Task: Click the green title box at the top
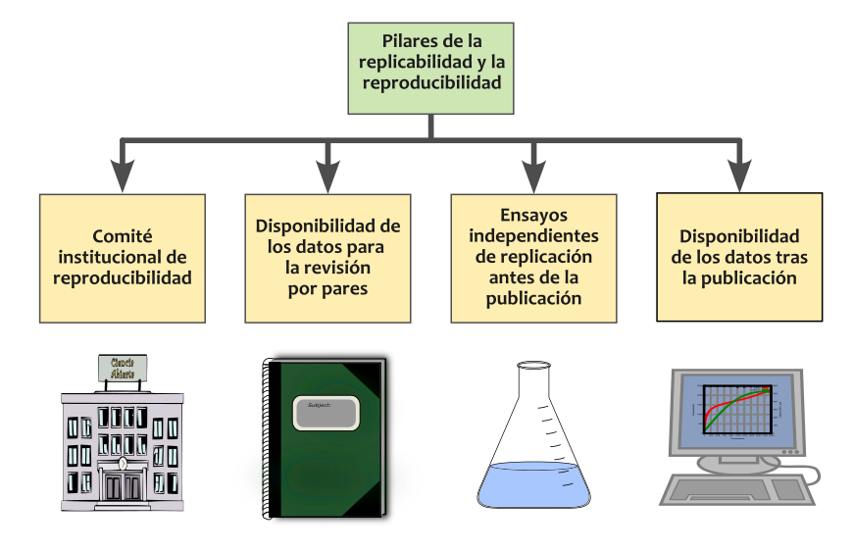431,64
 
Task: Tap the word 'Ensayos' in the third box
533,215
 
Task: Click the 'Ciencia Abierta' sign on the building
123,367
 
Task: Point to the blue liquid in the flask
533,484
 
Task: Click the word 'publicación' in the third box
533,298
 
